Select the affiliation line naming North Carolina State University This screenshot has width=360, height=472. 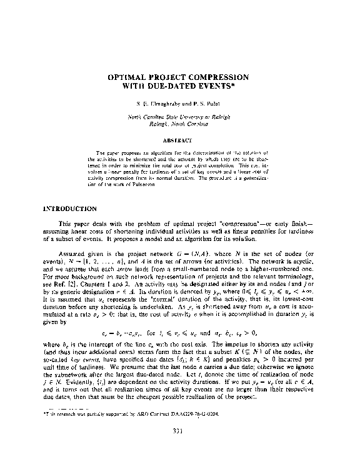click(179, 117)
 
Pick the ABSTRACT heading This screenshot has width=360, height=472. click(179, 140)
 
